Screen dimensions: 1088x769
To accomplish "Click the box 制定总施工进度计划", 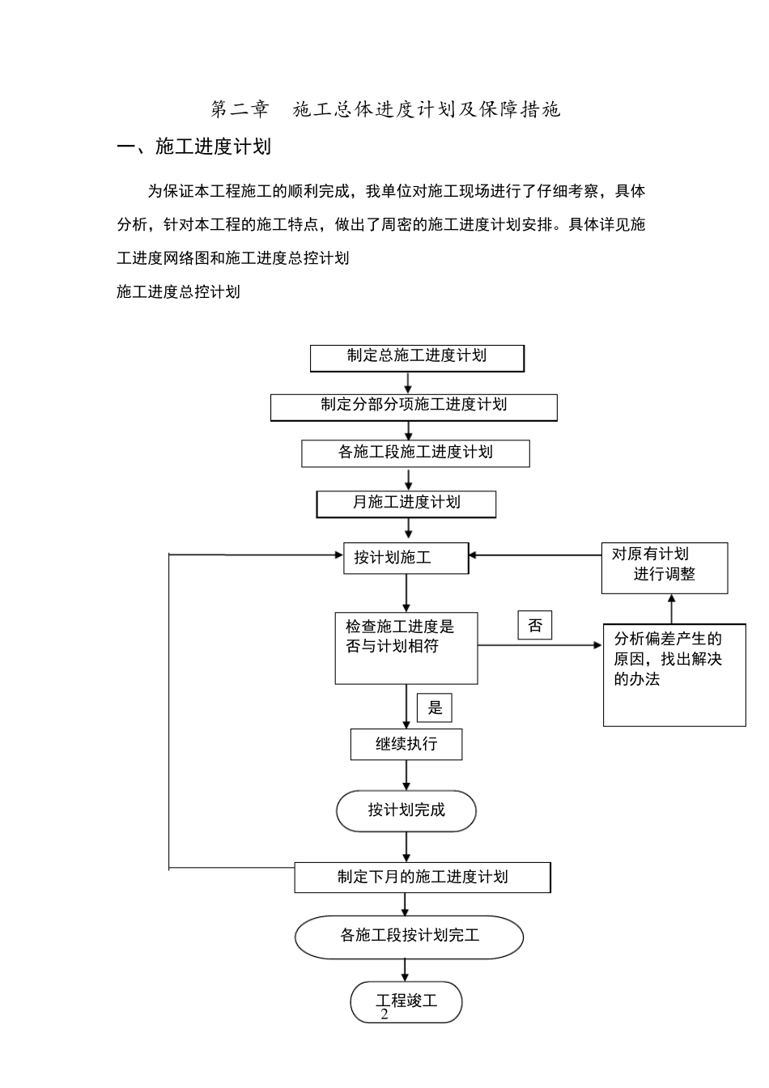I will pos(417,358).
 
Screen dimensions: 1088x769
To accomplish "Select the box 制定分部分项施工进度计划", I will pos(414,406).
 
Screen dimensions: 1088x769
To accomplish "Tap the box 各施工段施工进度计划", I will pos(415,453).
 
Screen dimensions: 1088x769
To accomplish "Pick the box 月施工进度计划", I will pos(406,504).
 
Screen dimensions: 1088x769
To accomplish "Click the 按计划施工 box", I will pos(406,558).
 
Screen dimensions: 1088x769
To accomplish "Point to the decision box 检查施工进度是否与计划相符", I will pos(406,648).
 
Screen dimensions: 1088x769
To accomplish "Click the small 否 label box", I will pos(535,626).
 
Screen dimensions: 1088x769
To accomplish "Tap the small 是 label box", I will pos(435,708).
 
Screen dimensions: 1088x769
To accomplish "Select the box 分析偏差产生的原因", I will pos(674,674).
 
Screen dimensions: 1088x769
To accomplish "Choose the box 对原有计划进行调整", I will pos(664,567).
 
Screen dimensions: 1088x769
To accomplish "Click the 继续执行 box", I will pos(406,744).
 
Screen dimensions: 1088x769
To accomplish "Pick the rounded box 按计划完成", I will pos(406,810).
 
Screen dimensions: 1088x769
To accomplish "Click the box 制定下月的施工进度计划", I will pos(422,878).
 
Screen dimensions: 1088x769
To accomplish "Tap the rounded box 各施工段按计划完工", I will pos(409,937).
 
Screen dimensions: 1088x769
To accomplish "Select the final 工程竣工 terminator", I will pos(406,1001).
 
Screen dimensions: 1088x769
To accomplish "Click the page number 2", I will pos(384,1015).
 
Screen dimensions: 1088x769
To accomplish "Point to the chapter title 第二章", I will pos(239,109).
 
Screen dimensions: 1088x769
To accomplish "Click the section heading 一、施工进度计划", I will pos(194,147).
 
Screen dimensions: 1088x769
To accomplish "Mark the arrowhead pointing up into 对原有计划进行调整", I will pos(671,600).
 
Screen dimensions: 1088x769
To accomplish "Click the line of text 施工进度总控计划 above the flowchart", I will pos(178,292).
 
